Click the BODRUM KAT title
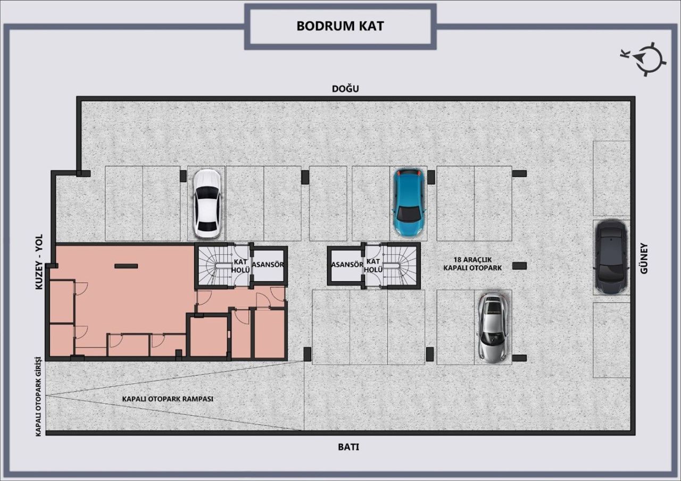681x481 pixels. click(x=340, y=26)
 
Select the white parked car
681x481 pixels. click(x=206, y=204)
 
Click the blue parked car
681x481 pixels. click(x=408, y=202)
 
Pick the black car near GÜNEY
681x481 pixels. click(x=611, y=258)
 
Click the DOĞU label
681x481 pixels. click(x=345, y=89)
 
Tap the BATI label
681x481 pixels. click(x=348, y=447)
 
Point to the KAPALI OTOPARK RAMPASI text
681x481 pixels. click(x=168, y=399)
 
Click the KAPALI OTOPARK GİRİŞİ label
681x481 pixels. click(x=39, y=396)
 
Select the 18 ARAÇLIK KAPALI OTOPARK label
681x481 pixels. click(x=472, y=264)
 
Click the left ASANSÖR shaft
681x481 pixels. click(x=269, y=265)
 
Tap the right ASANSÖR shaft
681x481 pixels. click(x=346, y=265)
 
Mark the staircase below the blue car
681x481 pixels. click(x=400, y=265)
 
